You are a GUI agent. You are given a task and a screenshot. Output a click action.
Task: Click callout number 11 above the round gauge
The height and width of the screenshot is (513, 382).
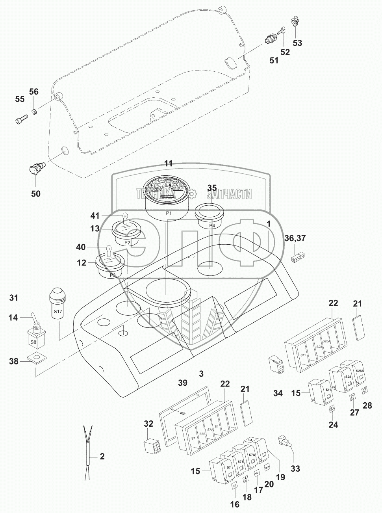[169, 163]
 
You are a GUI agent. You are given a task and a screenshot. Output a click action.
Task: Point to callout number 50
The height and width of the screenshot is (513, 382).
[36, 194]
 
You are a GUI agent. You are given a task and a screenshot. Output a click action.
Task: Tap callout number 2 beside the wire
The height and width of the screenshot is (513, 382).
[102, 457]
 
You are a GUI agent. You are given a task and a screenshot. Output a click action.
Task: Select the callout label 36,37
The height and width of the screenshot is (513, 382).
[295, 238]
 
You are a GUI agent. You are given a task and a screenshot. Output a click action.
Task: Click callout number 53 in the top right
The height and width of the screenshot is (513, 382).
[297, 43]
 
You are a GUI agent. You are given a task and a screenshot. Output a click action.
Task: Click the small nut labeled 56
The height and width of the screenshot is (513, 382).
[34, 112]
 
